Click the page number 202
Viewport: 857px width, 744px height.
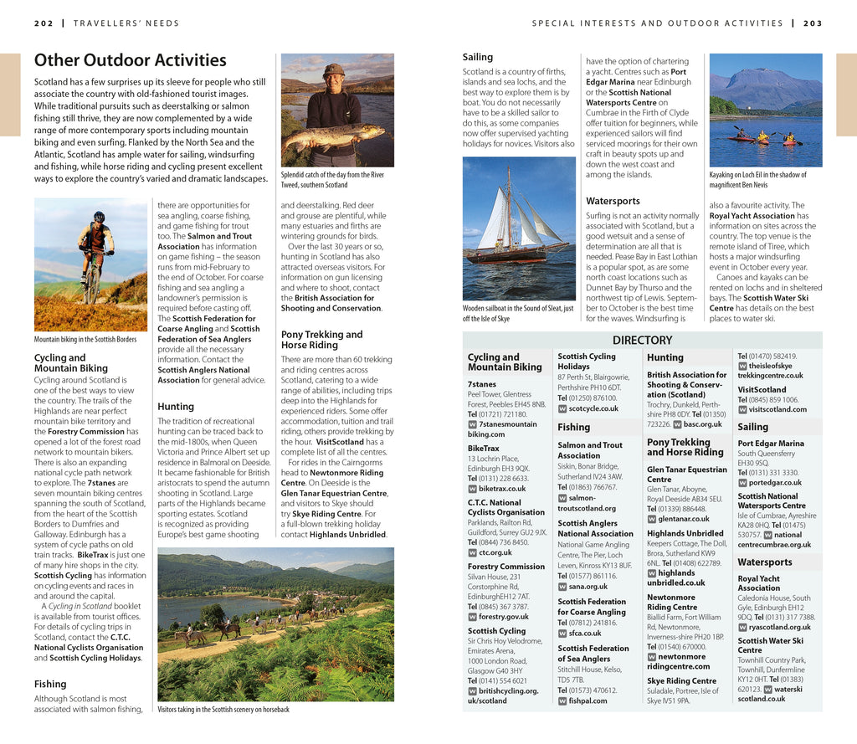[x=44, y=23]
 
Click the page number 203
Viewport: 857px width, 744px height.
[x=813, y=23]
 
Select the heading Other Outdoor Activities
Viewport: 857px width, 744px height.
[x=130, y=60]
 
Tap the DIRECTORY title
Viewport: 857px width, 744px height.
[x=642, y=340]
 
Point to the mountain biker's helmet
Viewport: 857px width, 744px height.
[x=99, y=216]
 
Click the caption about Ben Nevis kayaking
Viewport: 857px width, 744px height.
[x=757, y=179]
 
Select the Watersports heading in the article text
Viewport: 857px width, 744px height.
[x=613, y=201]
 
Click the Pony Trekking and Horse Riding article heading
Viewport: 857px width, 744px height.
[x=321, y=339]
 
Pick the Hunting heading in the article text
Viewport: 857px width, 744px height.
[x=176, y=407]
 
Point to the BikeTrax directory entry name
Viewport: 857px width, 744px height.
[x=484, y=448]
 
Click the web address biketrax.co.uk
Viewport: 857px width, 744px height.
[x=502, y=488]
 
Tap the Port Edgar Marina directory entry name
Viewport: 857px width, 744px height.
[x=770, y=444]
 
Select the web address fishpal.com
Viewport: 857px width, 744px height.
[x=588, y=700]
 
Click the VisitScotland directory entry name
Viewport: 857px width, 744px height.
[x=762, y=389]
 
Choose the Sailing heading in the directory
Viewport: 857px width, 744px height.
[x=752, y=427]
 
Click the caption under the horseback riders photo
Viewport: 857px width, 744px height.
[x=223, y=710]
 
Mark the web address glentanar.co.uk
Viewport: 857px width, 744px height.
[x=683, y=519]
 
